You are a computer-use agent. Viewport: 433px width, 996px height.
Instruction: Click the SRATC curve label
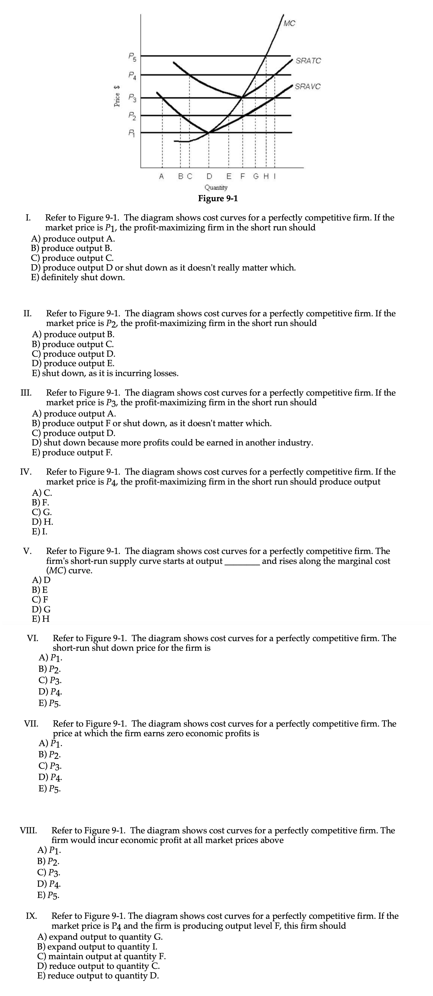[x=308, y=61]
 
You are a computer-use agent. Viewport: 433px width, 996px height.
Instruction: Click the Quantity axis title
[x=216, y=188]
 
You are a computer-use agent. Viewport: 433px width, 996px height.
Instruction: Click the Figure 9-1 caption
[x=218, y=198]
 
